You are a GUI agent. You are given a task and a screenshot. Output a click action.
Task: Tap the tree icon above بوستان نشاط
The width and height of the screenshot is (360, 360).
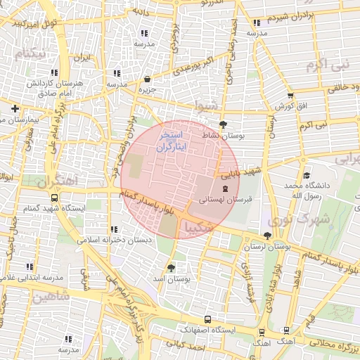(x=223, y=124)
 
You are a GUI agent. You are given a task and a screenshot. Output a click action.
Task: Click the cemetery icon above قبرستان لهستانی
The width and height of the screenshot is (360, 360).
(x=225, y=188)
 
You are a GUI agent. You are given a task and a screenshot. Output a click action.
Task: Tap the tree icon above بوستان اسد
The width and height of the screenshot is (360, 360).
(x=172, y=268)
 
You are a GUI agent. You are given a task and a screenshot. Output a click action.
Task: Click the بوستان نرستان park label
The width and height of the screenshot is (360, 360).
(x=267, y=247)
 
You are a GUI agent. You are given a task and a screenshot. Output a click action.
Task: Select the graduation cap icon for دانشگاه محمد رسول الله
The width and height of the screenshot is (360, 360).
(x=306, y=176)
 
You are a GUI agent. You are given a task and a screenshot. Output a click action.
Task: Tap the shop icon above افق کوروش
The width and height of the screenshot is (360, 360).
(x=290, y=96)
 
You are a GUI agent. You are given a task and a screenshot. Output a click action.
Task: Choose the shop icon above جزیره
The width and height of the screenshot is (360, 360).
(x=146, y=79)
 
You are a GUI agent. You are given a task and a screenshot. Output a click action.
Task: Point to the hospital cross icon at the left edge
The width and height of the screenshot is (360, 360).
(x=15, y=108)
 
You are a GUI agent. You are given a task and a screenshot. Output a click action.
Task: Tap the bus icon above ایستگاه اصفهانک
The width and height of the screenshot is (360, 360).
(x=206, y=319)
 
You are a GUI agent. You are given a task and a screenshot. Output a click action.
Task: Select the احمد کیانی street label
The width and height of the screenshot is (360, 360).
(x=186, y=345)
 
